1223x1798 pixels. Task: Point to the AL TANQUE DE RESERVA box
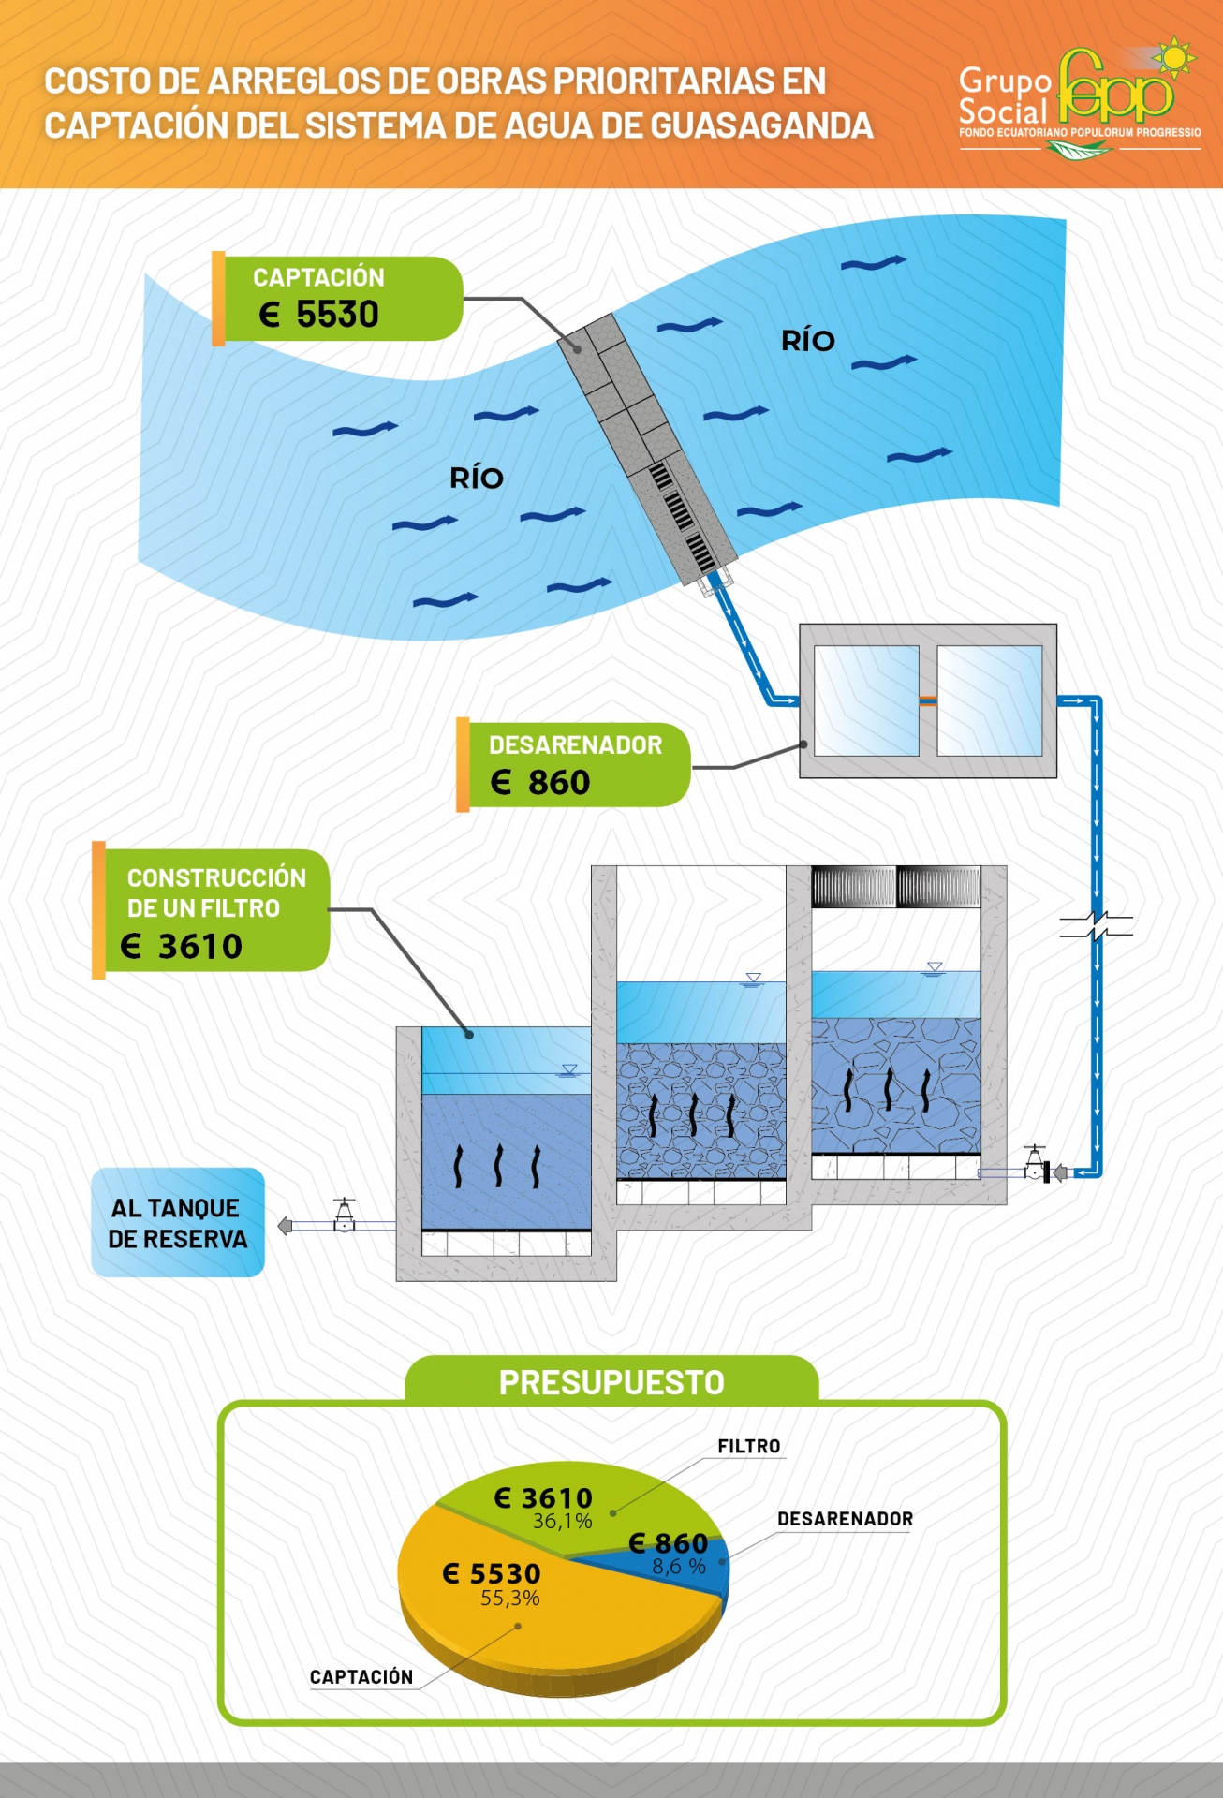178,1223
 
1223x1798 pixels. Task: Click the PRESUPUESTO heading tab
611,1382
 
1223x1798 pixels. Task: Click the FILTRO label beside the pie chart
748,1447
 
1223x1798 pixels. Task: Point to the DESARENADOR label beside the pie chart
845,1519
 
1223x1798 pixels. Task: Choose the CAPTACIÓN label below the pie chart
361,1677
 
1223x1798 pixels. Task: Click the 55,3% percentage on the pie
510,1599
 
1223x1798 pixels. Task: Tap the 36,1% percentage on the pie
563,1522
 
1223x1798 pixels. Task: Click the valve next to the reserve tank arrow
345,1217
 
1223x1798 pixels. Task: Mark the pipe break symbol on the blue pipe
1097,925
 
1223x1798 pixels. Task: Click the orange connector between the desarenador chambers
928,700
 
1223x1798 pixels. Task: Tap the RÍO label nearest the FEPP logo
808,341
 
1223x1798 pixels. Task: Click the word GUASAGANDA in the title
761,126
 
